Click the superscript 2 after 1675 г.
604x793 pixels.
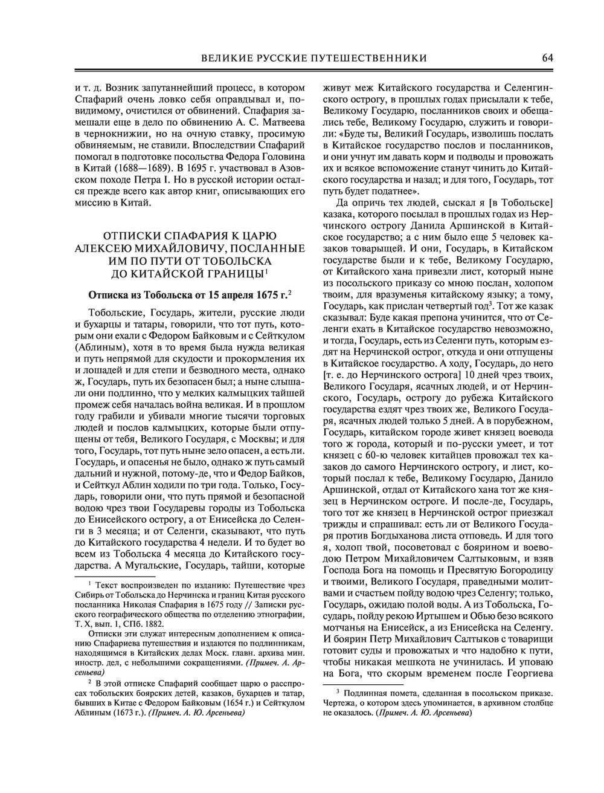(290, 291)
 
